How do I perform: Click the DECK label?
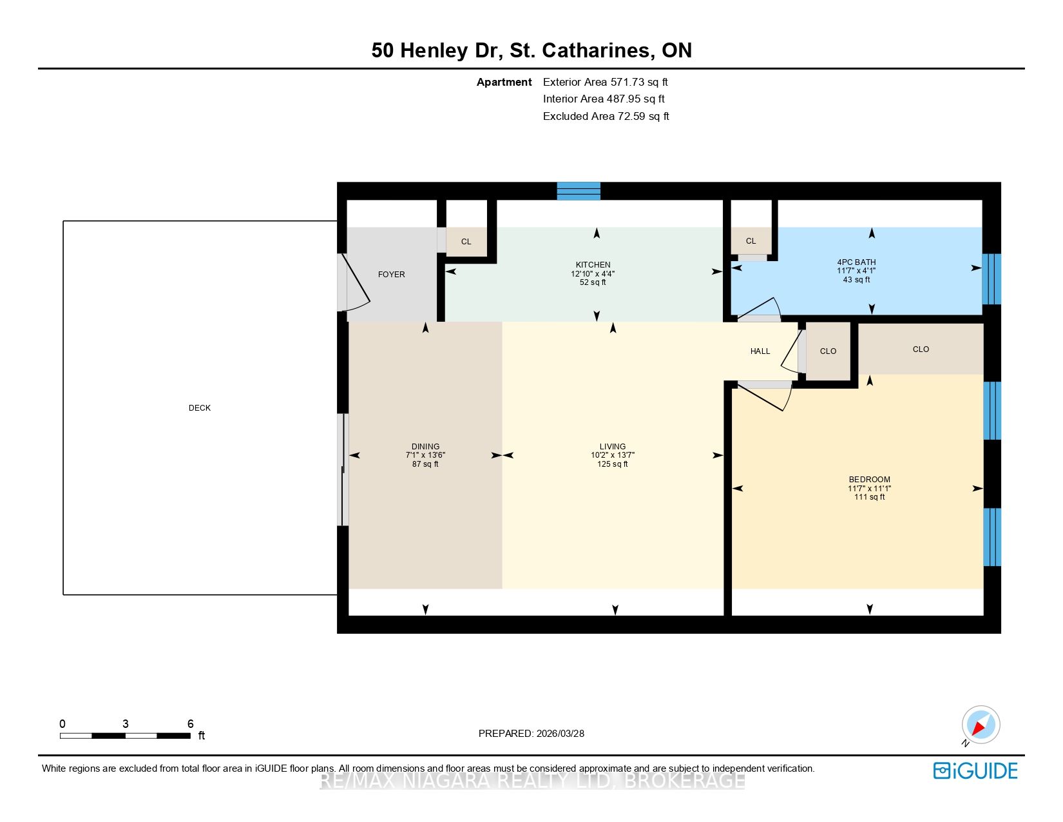[x=200, y=408]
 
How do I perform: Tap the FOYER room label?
[x=391, y=275]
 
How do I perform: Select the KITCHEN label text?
[x=593, y=265]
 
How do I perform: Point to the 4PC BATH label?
[x=856, y=262]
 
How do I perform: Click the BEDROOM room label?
[x=869, y=480]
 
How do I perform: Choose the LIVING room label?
[x=613, y=447]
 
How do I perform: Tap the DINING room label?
[x=425, y=447]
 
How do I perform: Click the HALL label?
[x=760, y=351]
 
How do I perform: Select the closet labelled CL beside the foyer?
[x=466, y=241]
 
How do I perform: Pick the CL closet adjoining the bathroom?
[x=751, y=241]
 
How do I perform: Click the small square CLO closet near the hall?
[x=828, y=351]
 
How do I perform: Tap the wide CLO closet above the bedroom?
[x=921, y=349]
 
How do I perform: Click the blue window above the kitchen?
[x=579, y=191]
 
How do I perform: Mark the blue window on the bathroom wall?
[x=991, y=279]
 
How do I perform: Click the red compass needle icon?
[x=979, y=728]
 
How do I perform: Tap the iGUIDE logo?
[x=975, y=770]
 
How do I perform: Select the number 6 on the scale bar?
[x=190, y=723]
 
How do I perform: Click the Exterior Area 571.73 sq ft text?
[x=605, y=83]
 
